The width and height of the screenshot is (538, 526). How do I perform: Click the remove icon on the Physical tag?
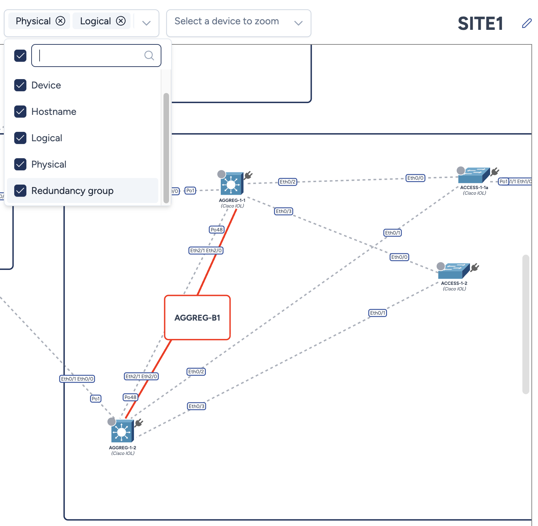click(60, 21)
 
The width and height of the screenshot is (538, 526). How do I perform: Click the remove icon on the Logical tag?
click(121, 21)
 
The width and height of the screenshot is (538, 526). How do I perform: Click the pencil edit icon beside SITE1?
click(527, 23)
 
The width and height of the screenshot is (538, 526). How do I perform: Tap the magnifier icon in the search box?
click(149, 56)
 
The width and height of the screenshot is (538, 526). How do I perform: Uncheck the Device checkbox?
click(20, 85)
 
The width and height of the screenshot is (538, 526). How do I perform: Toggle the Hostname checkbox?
click(20, 112)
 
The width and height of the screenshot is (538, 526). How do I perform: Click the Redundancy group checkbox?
click(20, 191)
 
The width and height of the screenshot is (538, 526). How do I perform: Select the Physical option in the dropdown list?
click(49, 164)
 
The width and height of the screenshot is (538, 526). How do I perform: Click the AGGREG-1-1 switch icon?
click(232, 184)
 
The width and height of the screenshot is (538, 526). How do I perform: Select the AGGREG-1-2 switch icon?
click(122, 431)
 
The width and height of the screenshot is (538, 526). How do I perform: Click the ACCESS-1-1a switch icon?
click(473, 175)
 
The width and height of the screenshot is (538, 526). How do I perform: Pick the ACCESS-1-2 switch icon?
click(453, 271)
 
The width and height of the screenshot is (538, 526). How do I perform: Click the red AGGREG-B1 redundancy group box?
click(197, 317)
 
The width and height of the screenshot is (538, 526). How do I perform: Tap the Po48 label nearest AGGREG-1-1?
click(217, 230)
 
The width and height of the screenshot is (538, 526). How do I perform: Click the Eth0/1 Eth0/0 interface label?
click(77, 379)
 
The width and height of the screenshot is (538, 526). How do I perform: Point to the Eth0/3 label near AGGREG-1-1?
click(284, 211)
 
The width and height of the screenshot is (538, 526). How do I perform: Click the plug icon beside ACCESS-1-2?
click(475, 267)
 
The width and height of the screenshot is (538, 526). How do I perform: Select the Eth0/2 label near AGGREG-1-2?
click(196, 372)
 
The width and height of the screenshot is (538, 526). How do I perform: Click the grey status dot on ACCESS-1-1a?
click(461, 170)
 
